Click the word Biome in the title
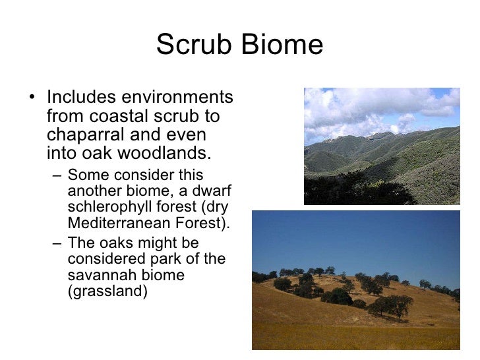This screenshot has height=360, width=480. (284, 45)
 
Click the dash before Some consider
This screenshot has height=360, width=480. (57, 175)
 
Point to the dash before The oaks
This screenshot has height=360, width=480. (57, 243)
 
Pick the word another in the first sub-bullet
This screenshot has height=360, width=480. (92, 191)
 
